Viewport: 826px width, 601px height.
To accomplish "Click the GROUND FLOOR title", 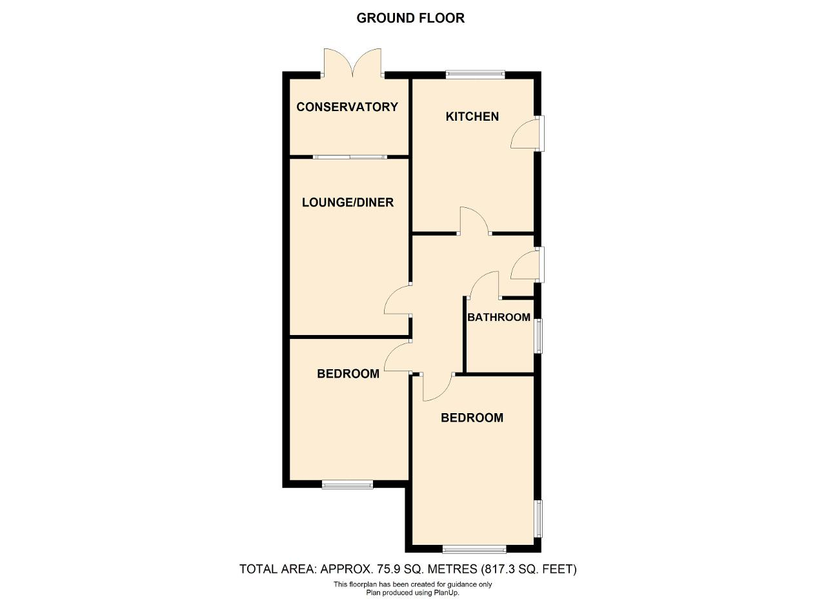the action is coord(410,18).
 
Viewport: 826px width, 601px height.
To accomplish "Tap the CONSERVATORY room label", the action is coord(347,107).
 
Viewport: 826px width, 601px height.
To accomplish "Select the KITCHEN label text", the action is coord(472,117).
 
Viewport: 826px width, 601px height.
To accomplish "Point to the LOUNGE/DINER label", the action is coord(348,202).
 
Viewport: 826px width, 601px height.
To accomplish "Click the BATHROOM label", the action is coord(499,318).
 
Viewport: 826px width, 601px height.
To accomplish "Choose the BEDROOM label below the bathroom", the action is coord(472,418).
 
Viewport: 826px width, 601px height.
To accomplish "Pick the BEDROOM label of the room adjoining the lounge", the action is coord(348,374).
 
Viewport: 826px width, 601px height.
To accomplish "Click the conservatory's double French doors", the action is coord(352,63).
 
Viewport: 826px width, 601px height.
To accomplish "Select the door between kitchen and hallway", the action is coord(475,221).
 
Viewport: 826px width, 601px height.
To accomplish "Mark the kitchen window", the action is coord(475,75).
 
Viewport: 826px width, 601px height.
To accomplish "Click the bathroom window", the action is coord(539,336).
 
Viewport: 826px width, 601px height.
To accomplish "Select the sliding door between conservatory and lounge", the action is coord(350,157).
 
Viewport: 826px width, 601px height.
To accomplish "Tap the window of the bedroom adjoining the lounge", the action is coord(347,484).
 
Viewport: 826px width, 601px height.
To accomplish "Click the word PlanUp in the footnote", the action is coord(447,593).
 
